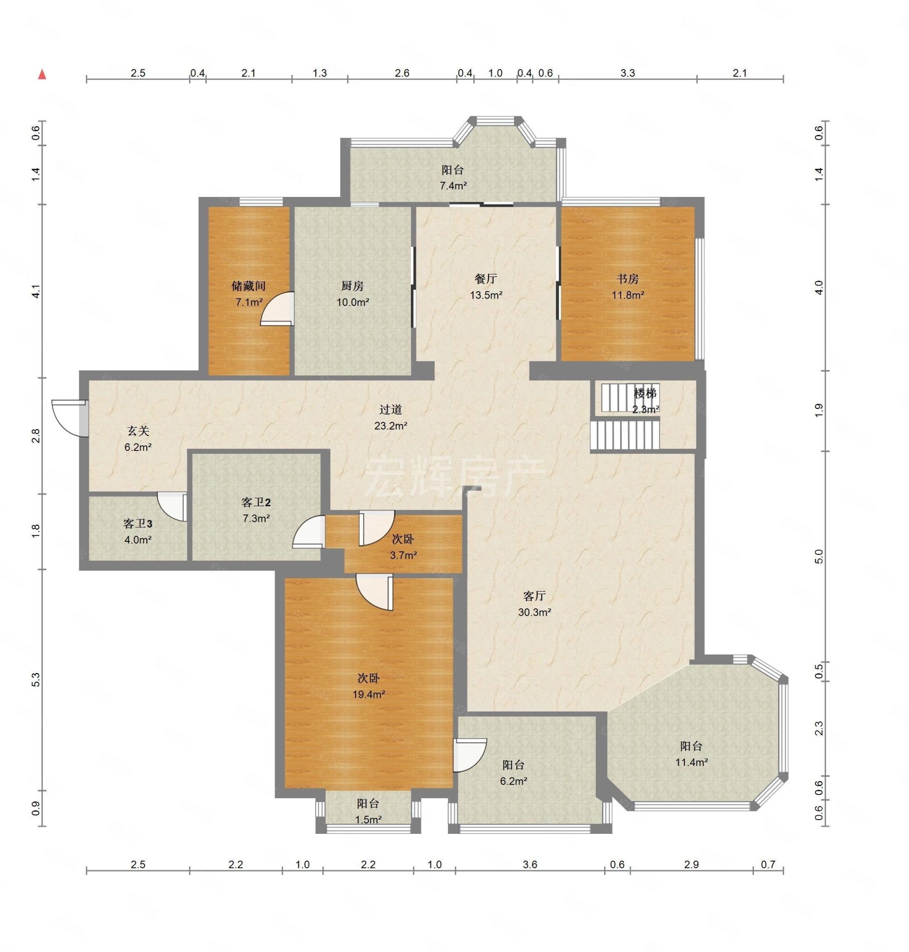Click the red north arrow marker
[x=42, y=74]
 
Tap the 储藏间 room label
[x=248, y=286]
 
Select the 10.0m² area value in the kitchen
[x=353, y=302]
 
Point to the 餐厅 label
[x=485, y=279]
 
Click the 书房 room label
[x=628, y=279]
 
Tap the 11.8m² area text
[x=628, y=295]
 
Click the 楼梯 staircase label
[x=645, y=394]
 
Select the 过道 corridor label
[x=391, y=410]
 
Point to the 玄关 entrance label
[x=138, y=431]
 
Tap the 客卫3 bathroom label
[x=138, y=524]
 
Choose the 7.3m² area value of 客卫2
[x=256, y=518]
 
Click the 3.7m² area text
[x=404, y=556]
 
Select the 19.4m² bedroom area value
[x=369, y=695]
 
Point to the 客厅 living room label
[x=534, y=596]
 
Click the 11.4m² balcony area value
[x=692, y=762]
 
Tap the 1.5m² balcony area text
[x=368, y=820]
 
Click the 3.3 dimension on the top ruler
[x=628, y=73]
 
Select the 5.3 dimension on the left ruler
[x=36, y=679]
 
